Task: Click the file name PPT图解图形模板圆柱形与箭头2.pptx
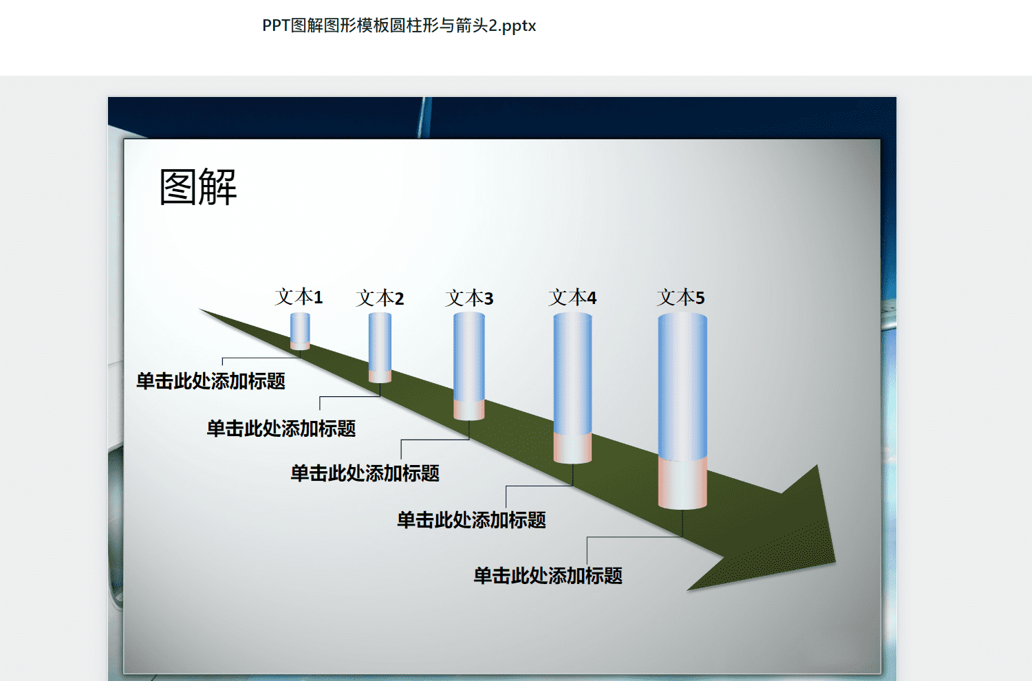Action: coord(399,26)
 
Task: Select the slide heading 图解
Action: coord(198,186)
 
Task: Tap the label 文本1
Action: coord(299,296)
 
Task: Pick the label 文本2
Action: coord(380,298)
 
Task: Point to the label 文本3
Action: coord(469,298)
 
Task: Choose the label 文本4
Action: coord(572,297)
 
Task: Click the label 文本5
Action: coord(681,297)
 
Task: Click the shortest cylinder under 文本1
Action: coord(300,332)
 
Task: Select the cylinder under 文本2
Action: coord(380,347)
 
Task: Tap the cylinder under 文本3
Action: coord(469,367)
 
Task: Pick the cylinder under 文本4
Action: coord(572,388)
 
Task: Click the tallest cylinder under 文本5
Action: coord(682,411)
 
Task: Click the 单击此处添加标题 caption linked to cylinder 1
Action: coord(211,381)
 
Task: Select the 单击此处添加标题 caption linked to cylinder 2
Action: coord(281,429)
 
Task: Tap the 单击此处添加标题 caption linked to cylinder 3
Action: coord(365,473)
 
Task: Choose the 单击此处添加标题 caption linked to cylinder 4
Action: coord(472,520)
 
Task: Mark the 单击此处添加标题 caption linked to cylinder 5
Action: coord(548,576)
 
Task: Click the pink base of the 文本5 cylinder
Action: coord(682,484)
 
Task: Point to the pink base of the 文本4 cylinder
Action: coord(572,448)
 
